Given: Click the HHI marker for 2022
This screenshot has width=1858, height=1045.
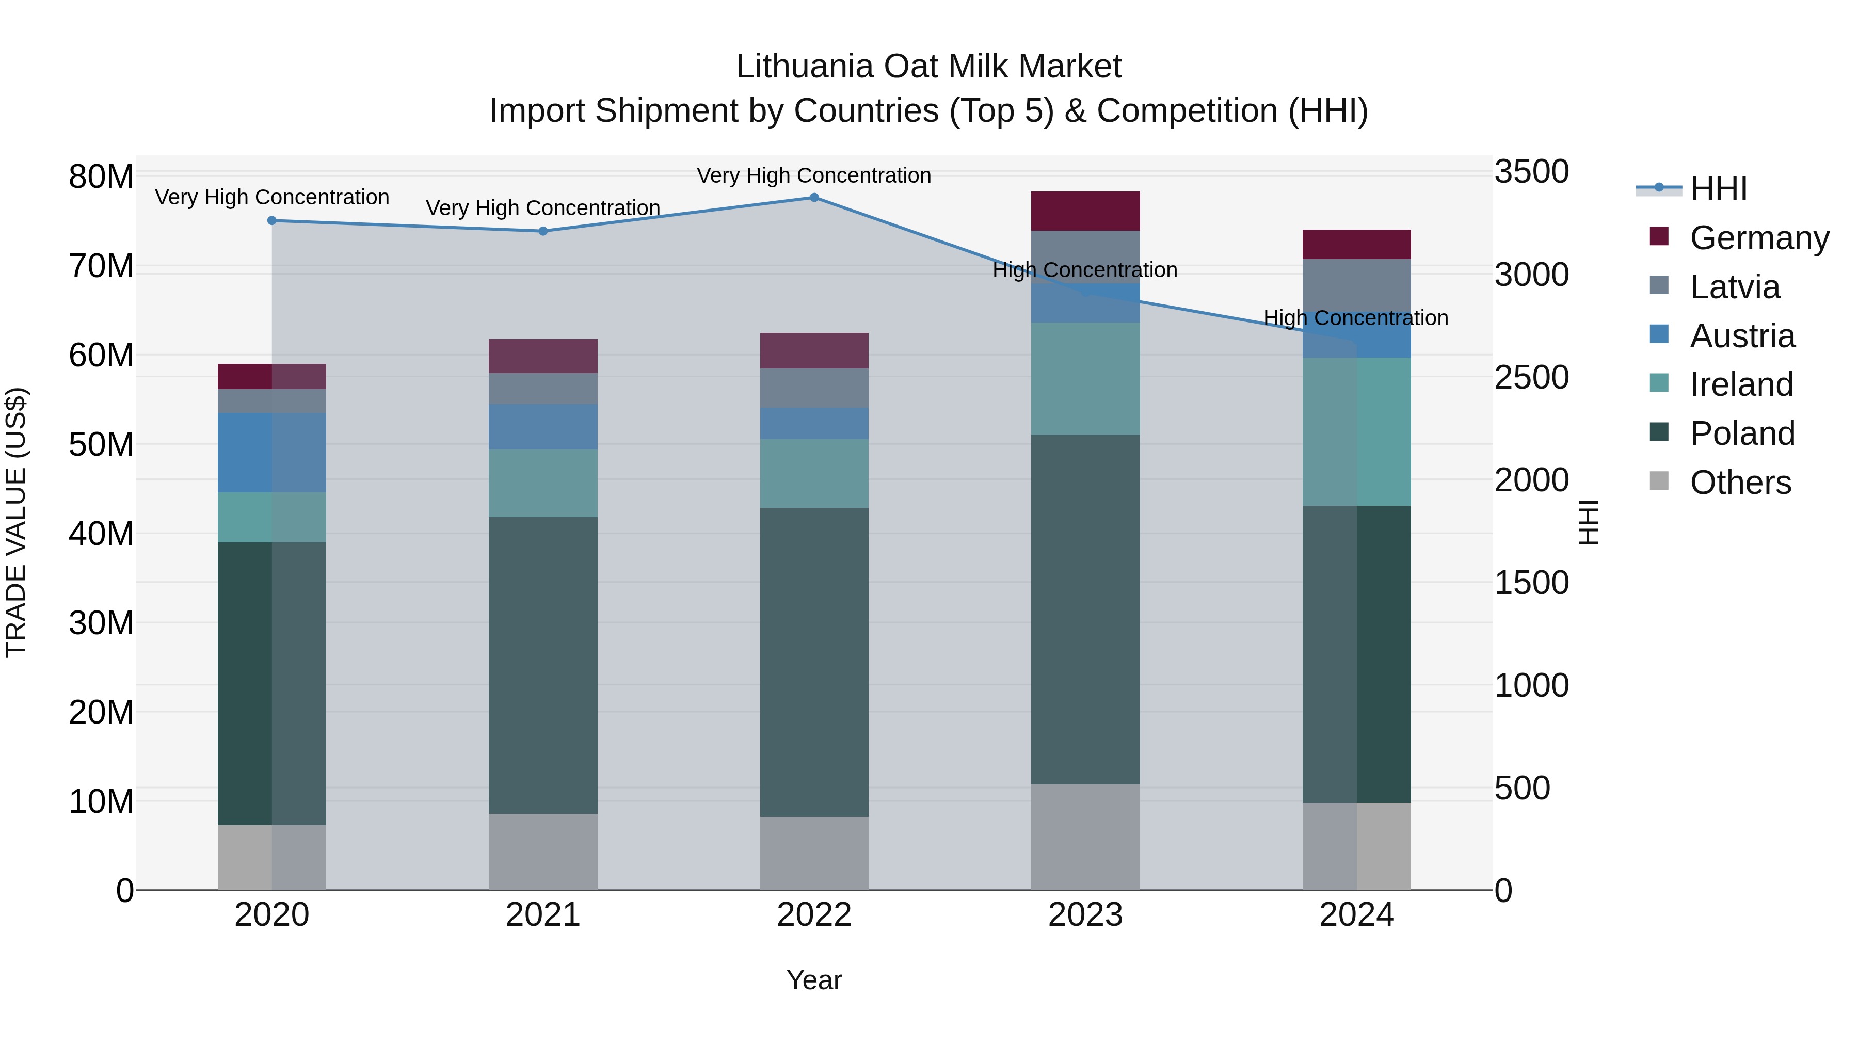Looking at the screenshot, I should (814, 198).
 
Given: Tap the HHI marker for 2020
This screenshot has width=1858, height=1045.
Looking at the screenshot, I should (272, 221).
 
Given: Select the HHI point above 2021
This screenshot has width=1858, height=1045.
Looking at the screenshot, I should (543, 232).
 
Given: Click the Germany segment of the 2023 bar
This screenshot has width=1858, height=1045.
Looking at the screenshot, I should (1085, 211).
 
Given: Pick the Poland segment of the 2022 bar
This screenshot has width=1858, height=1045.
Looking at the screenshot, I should (814, 662).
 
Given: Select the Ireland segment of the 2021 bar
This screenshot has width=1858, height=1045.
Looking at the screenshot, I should (543, 483).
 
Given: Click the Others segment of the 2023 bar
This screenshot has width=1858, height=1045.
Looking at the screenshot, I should (1085, 837).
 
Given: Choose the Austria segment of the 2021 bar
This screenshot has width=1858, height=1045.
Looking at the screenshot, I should (543, 427).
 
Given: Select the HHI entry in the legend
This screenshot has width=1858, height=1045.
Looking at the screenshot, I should (1718, 189).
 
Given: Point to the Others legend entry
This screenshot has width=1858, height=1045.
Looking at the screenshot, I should (1740, 483).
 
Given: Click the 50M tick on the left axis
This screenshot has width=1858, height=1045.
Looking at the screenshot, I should (101, 445).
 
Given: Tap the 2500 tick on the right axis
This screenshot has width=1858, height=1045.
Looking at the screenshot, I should (1531, 377).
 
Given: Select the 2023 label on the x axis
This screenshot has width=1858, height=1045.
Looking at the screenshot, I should (1085, 915).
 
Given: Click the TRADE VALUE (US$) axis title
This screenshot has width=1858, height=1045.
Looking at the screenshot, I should (16, 522).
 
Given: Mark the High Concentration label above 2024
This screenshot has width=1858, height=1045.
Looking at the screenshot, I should (1355, 318).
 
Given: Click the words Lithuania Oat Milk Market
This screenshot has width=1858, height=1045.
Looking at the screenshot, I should (928, 67).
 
